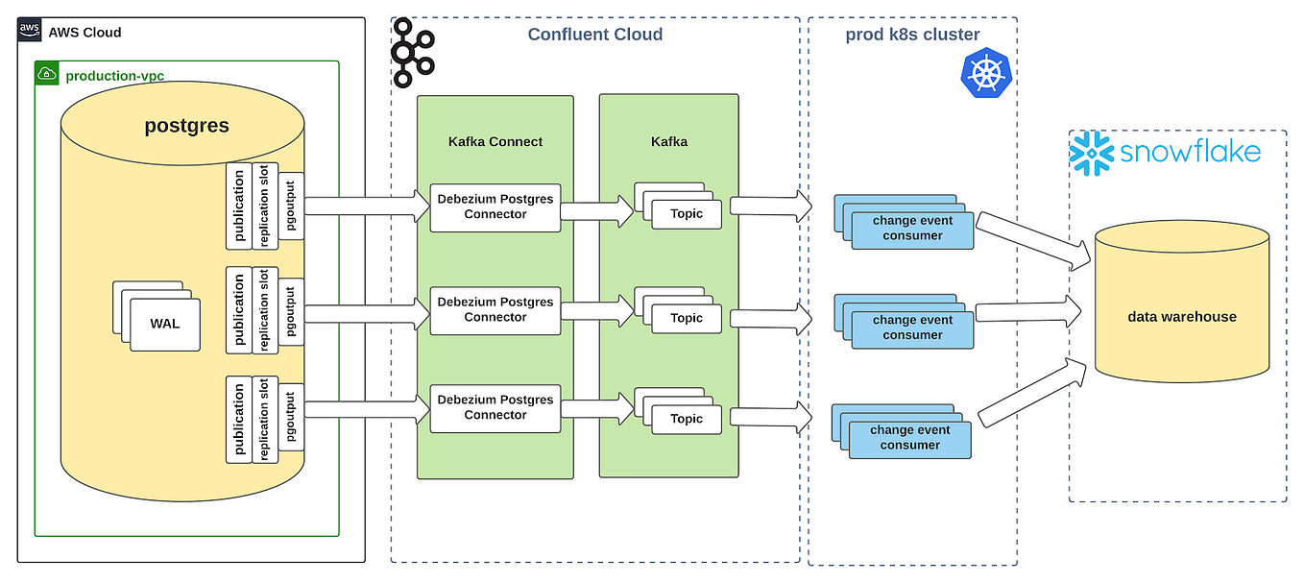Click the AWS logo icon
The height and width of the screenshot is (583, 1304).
30,31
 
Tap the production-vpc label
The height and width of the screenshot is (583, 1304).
113,75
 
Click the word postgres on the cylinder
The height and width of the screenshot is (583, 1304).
186,126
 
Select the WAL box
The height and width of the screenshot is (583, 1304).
164,324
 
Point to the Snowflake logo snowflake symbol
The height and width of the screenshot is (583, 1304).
1090,154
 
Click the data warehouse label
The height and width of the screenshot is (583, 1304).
1182,316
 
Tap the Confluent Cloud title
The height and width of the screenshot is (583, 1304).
595,35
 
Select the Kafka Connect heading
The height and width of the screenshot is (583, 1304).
495,141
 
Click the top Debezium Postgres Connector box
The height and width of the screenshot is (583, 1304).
495,206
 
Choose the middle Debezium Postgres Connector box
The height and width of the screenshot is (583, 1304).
495,309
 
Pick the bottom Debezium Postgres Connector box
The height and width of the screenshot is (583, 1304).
495,407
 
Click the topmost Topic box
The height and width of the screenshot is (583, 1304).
687,214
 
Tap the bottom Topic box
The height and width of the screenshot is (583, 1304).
687,419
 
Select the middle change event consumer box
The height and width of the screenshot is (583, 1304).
912,328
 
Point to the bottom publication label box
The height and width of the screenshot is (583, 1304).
238,420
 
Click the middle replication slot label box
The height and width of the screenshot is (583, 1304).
265,309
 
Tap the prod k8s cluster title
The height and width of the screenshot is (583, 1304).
912,35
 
